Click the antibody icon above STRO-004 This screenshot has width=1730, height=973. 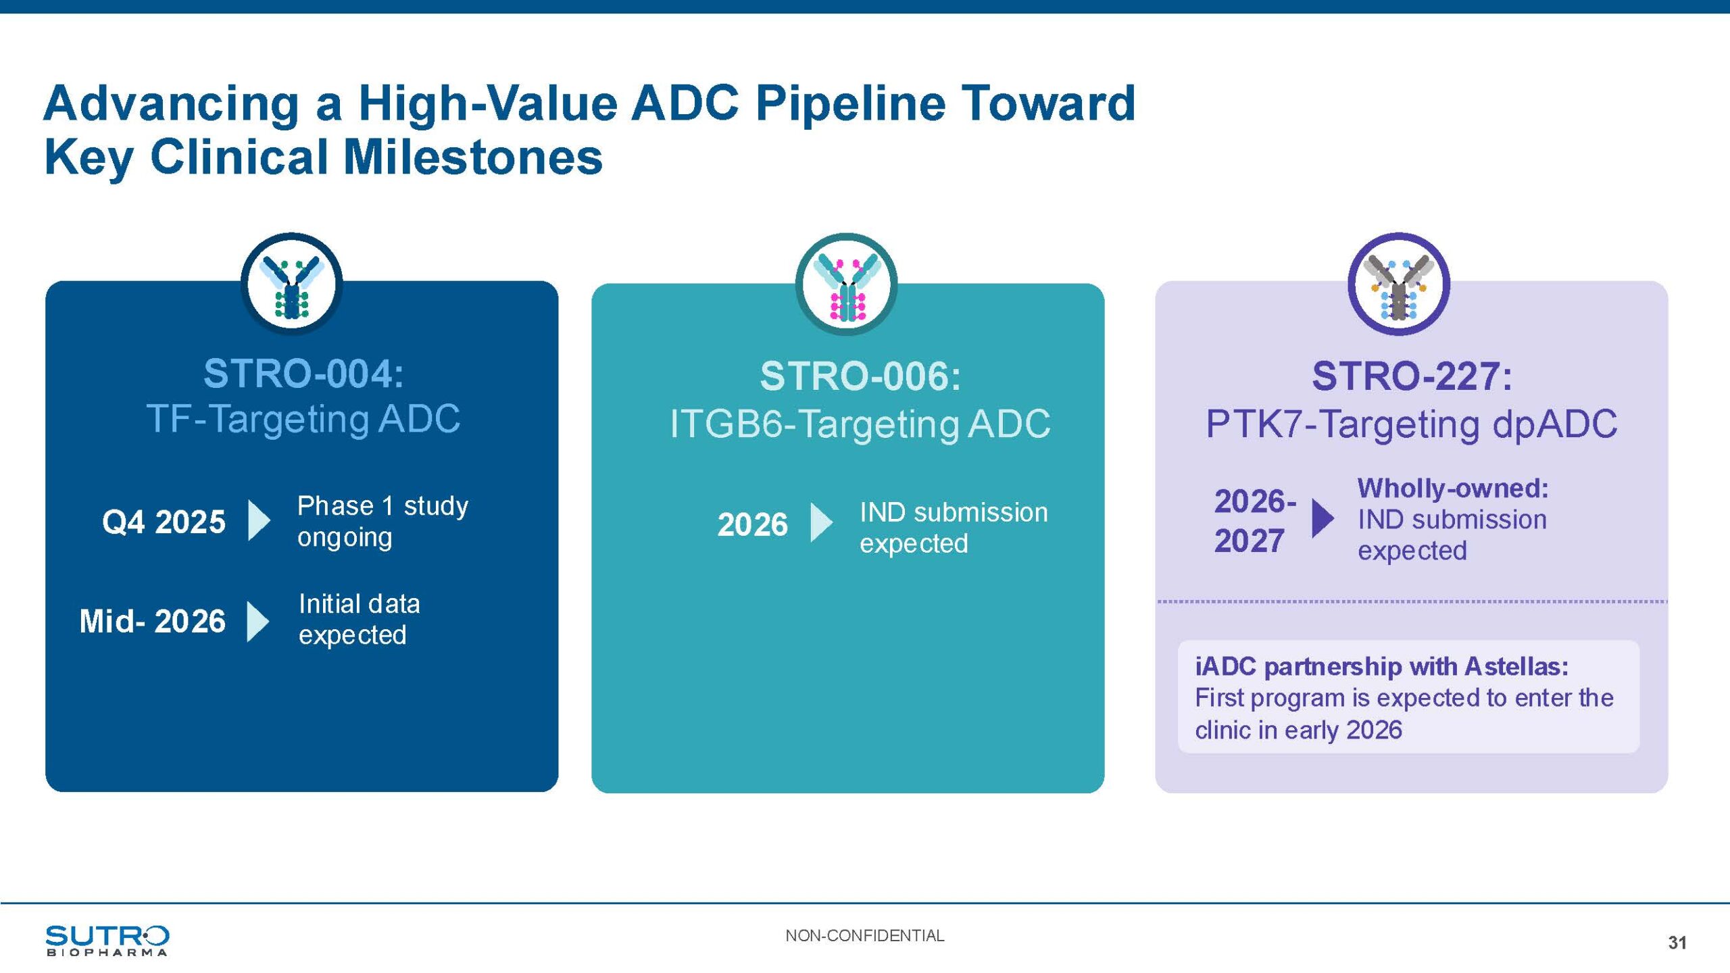pyautogui.click(x=292, y=284)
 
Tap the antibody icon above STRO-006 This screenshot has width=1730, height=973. pyautogui.click(x=847, y=284)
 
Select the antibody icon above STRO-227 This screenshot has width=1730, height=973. pyautogui.click(x=1399, y=284)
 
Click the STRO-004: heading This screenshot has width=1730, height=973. pyautogui.click(x=303, y=374)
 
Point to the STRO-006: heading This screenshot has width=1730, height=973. pyautogui.click(x=860, y=376)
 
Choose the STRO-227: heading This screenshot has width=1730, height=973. pyautogui.click(x=1412, y=376)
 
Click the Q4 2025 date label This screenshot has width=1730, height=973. pyautogui.click(x=164, y=522)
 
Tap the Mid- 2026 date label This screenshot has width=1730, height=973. pyautogui.click(x=153, y=621)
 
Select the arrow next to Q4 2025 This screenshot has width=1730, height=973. pyautogui.click(x=259, y=520)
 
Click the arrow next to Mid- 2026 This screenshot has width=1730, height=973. pyautogui.click(x=257, y=621)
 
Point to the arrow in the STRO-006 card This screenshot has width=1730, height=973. pyautogui.click(x=820, y=522)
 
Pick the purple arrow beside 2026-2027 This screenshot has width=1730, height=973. pyautogui.click(x=1322, y=518)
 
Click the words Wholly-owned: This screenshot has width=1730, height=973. pyautogui.click(x=1453, y=488)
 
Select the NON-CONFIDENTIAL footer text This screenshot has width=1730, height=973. pyautogui.click(x=864, y=936)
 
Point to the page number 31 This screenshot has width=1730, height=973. pyautogui.click(x=1677, y=943)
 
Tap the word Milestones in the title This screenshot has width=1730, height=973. pyautogui.click(x=472, y=157)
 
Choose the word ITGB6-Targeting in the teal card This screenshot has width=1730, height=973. pyautogui.click(x=814, y=424)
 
